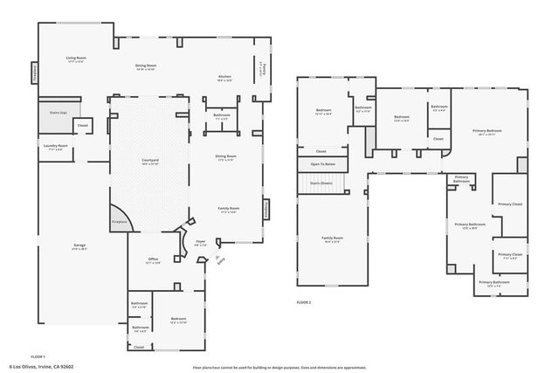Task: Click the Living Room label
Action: point(75,59)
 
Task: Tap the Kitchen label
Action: point(224,78)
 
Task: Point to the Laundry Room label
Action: point(53,148)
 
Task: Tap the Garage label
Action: point(79,246)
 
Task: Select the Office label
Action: point(152,260)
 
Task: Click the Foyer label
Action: point(200,242)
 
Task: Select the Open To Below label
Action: point(322,164)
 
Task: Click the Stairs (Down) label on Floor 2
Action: point(321,183)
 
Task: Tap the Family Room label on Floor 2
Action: point(332,238)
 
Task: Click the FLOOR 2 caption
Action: point(304,300)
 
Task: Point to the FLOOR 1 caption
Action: point(38,357)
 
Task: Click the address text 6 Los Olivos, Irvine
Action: point(41,366)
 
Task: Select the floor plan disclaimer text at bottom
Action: point(279,366)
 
